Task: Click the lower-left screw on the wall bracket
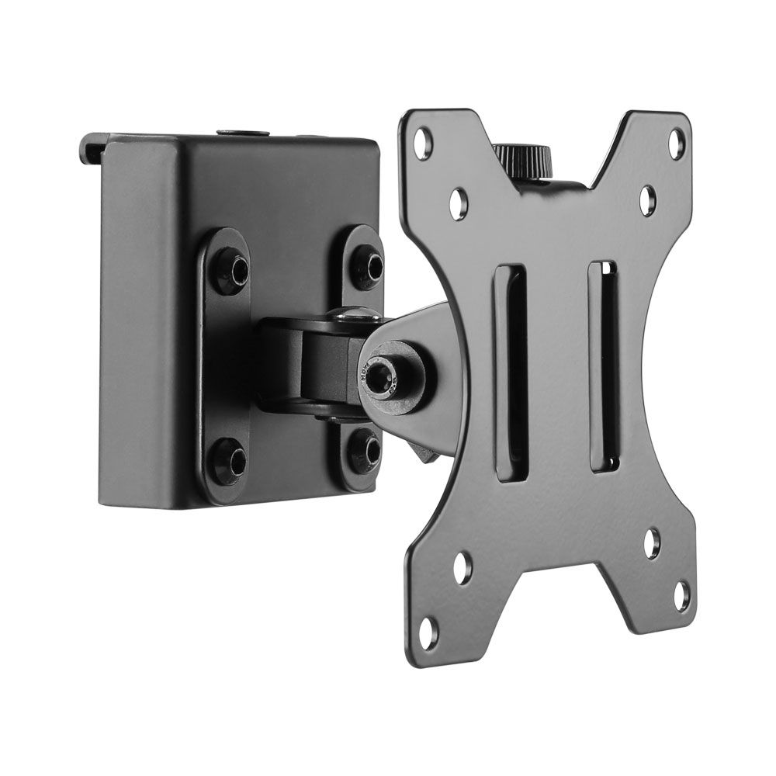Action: (x=230, y=459)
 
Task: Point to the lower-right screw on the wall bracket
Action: (x=364, y=449)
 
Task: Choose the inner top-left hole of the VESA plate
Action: (x=459, y=201)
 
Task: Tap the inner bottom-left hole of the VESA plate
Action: (x=462, y=567)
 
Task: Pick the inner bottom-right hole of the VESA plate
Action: (x=653, y=543)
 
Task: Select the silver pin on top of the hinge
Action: (x=354, y=313)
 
